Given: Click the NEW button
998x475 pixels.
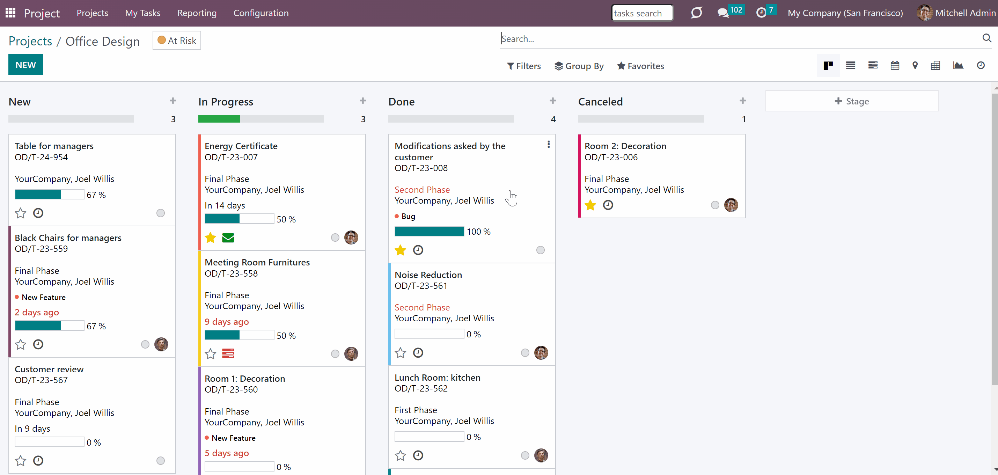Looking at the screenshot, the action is [x=25, y=65].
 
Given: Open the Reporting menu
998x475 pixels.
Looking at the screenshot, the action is [x=197, y=13].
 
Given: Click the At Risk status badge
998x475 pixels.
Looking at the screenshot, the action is [x=177, y=40].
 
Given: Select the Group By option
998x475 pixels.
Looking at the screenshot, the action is [x=579, y=66].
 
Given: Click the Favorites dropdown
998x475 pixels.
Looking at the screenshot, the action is [x=640, y=66].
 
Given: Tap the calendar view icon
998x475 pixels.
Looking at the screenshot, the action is [x=895, y=65].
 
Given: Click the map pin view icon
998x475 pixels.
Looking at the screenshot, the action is [x=915, y=65].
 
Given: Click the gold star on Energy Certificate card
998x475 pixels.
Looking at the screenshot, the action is [x=210, y=237].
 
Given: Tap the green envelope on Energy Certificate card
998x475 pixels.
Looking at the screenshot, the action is [x=228, y=238].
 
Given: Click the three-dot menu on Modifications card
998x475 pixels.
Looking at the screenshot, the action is [x=549, y=144].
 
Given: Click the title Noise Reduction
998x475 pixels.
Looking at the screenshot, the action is [x=428, y=275].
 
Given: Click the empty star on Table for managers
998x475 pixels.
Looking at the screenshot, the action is [x=21, y=213].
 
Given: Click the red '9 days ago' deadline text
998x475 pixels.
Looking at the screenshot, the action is [x=227, y=322].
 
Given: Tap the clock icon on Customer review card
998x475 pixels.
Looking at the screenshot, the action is [x=38, y=460].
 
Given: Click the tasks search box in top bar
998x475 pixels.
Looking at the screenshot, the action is [x=642, y=13].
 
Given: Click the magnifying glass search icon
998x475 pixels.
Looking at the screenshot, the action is [x=987, y=38].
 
